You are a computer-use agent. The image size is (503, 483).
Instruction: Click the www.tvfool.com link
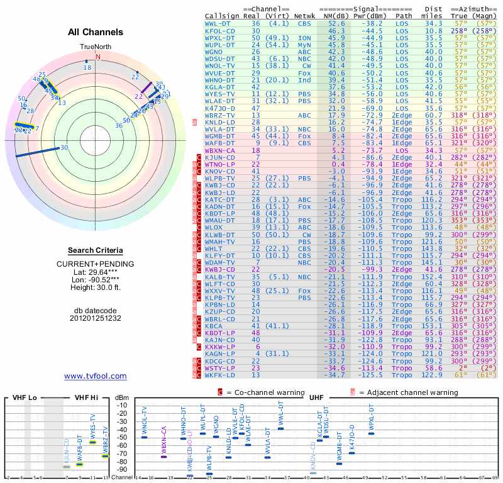pos(96,376)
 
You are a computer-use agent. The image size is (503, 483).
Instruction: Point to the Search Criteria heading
pos(96,250)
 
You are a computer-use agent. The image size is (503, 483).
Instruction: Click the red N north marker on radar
pos(97,57)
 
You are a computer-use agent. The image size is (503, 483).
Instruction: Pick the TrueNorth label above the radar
pos(95,47)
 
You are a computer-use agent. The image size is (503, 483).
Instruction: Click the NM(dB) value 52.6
pos(336,23)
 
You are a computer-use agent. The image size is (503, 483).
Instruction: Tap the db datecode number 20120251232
pos(96,318)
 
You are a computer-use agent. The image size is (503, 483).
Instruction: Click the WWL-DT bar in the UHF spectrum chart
pos(281,428)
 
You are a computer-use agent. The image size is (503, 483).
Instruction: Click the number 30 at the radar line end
pos(64,147)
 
